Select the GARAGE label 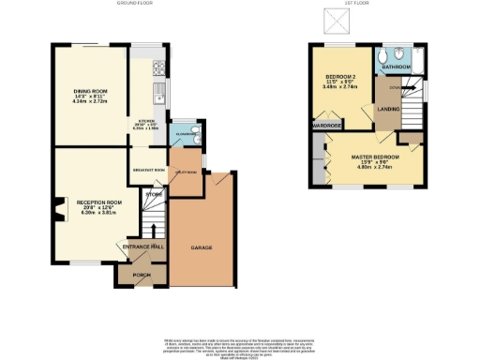coord(202,247)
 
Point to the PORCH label coord(142,276)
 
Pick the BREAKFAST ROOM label coord(147,170)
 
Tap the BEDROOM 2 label coord(342,77)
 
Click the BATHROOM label coord(395,67)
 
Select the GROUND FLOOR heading coord(135,5)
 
